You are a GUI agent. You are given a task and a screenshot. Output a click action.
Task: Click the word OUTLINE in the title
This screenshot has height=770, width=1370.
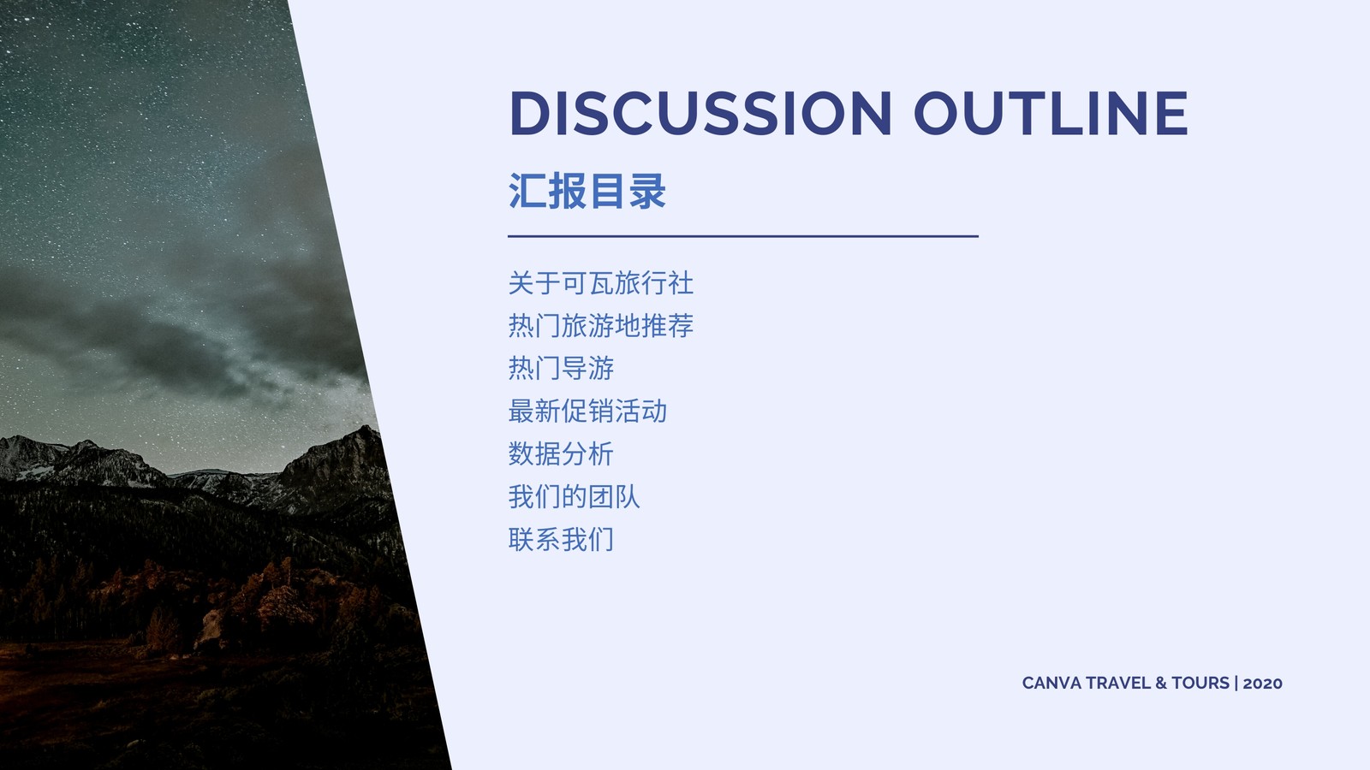coord(1051,113)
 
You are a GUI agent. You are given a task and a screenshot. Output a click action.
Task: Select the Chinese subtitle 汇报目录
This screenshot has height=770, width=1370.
coord(587,191)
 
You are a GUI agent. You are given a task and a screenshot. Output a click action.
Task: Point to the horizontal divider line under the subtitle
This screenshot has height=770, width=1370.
coord(743,236)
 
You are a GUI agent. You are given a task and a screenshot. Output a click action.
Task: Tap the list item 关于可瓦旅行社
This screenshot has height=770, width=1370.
coord(600,283)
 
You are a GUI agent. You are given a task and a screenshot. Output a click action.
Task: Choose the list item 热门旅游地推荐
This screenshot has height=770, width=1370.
coord(600,326)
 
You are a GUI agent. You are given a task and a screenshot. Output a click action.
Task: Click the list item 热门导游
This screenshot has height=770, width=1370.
coord(561,369)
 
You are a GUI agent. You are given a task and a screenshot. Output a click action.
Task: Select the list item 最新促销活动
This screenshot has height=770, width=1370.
coord(587,412)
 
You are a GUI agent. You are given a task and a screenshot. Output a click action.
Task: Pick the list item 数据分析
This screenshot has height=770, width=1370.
coord(561,454)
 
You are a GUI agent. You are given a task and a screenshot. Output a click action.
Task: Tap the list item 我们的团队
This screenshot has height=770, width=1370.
coord(574,497)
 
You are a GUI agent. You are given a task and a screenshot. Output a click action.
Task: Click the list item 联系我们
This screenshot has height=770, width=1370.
coord(561,540)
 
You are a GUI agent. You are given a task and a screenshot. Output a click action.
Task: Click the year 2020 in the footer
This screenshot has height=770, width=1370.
coord(1262,684)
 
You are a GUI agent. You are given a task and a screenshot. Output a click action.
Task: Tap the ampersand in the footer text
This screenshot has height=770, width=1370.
coord(1161,684)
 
